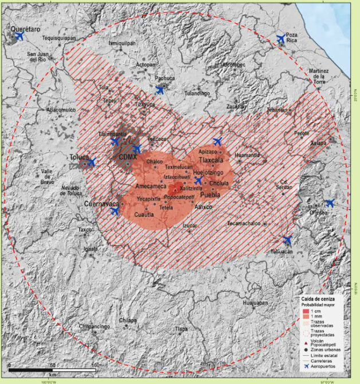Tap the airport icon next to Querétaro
[x=19, y=36]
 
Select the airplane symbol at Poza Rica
[x=281, y=39]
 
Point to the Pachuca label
[x=165, y=78]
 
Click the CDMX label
[x=127, y=157]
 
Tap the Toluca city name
[x=79, y=157]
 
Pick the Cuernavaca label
[x=101, y=204]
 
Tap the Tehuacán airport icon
[x=288, y=240]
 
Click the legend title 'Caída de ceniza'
[x=318, y=299]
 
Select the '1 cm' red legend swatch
[x=306, y=310]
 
